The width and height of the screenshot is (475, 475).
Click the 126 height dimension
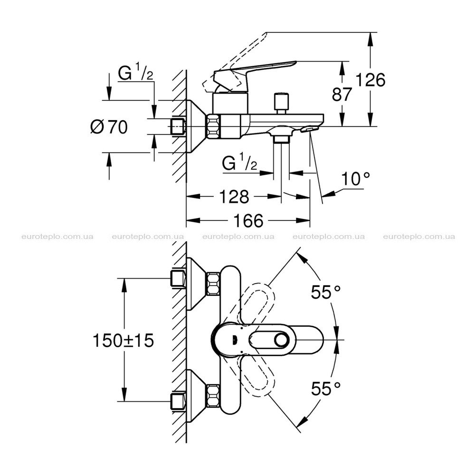tap(370, 80)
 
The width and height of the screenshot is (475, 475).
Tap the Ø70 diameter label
tap(109, 127)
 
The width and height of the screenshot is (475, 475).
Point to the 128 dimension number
tap(234, 197)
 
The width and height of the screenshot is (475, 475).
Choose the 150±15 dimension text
tap(123, 340)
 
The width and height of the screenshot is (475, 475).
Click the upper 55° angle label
tap(326, 292)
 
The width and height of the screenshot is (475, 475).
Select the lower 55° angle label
tap(326, 389)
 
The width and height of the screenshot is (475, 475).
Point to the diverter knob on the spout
tap(281, 103)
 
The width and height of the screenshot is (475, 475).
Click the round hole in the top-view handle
tap(282, 340)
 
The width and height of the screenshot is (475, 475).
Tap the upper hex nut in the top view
tap(213, 284)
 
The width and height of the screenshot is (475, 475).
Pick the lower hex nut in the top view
tap(213, 396)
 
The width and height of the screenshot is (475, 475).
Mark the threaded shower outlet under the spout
tap(281, 139)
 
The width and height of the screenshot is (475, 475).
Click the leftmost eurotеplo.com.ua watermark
tap(57, 237)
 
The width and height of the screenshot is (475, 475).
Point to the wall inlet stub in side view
tap(178, 127)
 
